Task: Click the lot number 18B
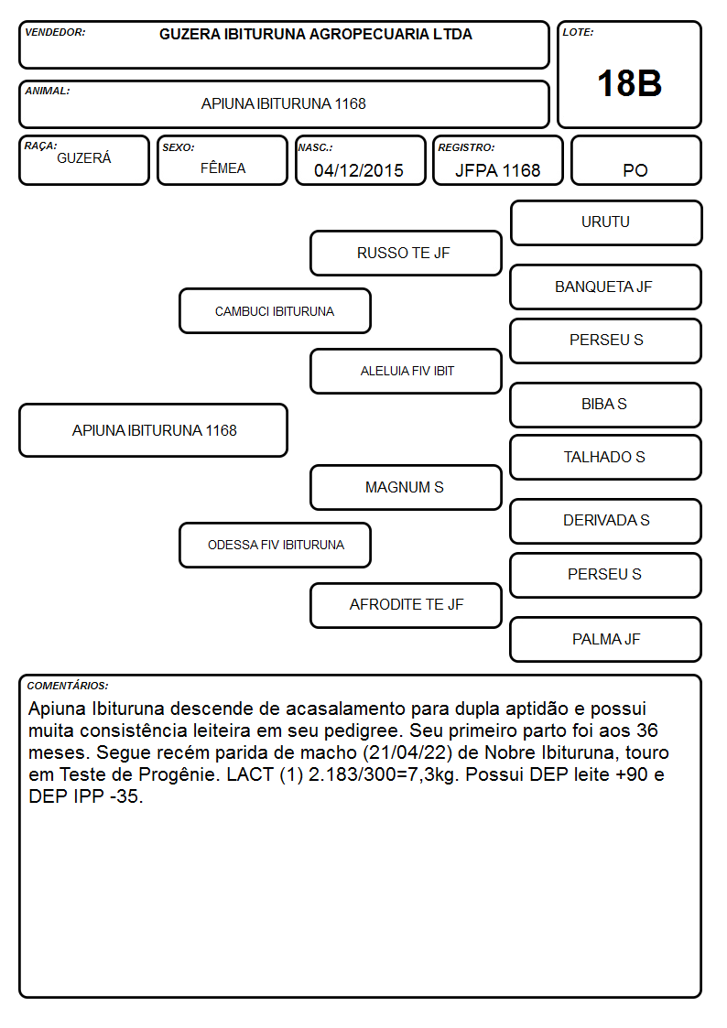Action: tap(629, 83)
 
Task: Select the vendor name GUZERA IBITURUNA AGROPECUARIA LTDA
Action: tap(315, 34)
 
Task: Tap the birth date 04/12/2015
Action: tap(359, 170)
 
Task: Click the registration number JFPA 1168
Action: tap(497, 170)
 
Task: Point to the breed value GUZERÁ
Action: tap(84, 157)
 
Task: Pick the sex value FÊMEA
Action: tap(222, 168)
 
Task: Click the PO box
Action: tap(635, 160)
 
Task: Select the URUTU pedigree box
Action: tap(606, 223)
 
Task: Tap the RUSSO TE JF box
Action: tap(406, 253)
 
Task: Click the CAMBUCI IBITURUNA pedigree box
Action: tap(275, 310)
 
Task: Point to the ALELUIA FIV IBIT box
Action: tap(406, 371)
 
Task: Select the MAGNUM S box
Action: tap(406, 487)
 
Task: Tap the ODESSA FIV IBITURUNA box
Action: tap(275, 545)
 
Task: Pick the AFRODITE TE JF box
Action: tap(406, 605)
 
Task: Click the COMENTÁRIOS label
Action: tap(68, 686)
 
